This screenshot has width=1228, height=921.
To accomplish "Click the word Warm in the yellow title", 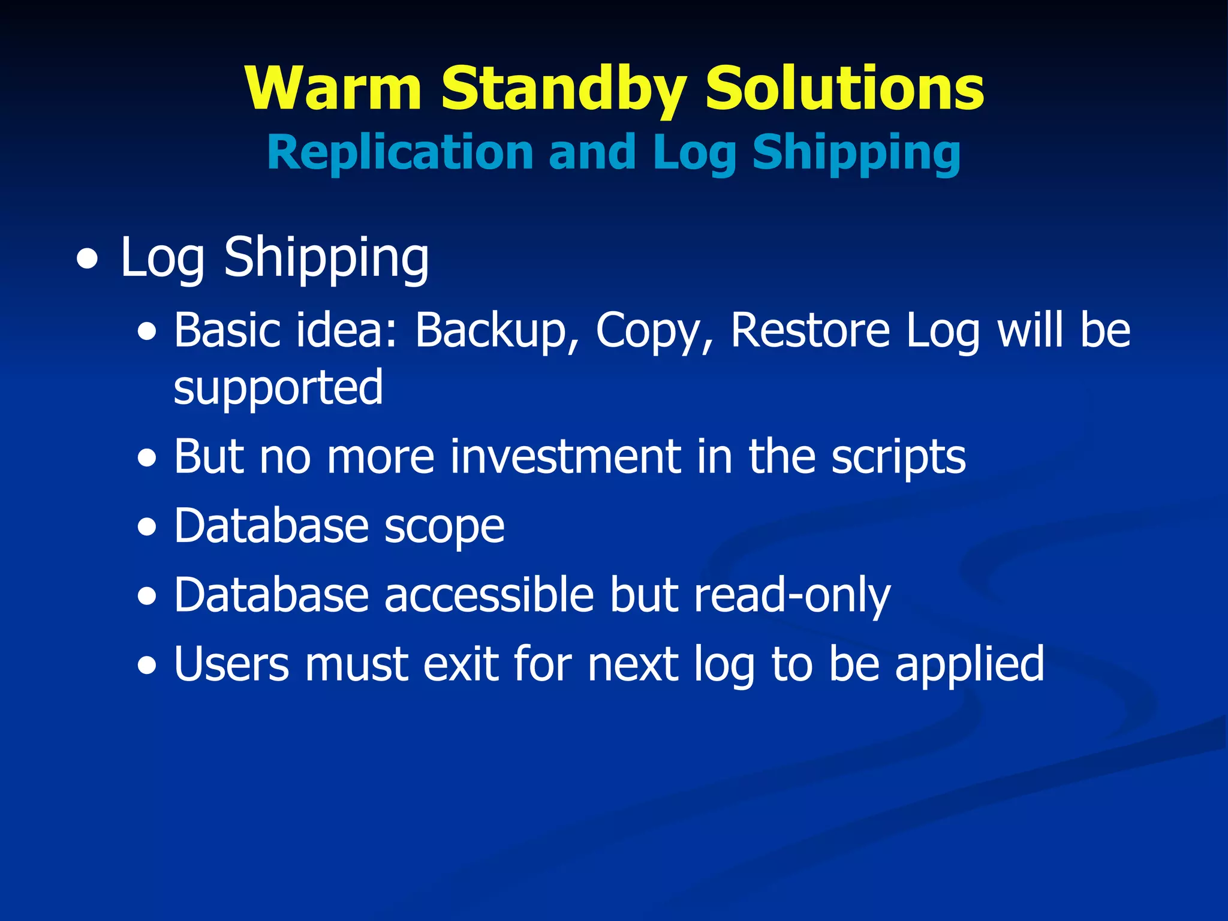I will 333,89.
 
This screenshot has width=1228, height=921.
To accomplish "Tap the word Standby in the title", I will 563,90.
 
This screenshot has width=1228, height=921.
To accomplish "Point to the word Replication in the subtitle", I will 400,152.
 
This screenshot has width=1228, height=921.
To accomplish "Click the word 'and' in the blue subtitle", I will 592,152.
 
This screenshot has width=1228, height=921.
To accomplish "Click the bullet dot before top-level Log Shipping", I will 88,261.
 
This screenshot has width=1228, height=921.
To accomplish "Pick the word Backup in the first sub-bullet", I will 490,331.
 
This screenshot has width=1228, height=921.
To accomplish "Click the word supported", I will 278,389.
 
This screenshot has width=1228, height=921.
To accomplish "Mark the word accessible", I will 489,595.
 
